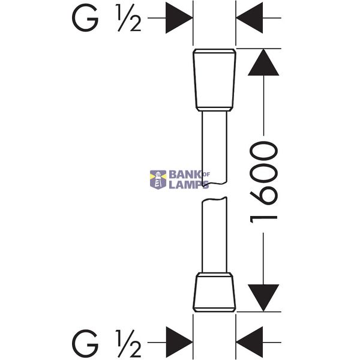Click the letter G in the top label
click(x=85, y=19)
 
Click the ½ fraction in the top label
click(x=129, y=18)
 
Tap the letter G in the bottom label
click(x=85, y=343)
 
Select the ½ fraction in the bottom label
click(x=129, y=343)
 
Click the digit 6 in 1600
click(x=263, y=195)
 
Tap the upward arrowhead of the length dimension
click(x=263, y=62)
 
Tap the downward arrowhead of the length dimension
click(x=263, y=298)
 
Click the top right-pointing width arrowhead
click(x=179, y=18)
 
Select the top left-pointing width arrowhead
click(x=250, y=18)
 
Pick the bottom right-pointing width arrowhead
click(x=179, y=343)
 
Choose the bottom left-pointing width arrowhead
click(x=250, y=343)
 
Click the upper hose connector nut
click(x=214, y=80)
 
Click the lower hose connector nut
click(x=214, y=292)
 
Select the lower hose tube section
click(x=214, y=235)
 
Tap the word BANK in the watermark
click(x=185, y=175)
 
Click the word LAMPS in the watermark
click(x=189, y=185)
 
